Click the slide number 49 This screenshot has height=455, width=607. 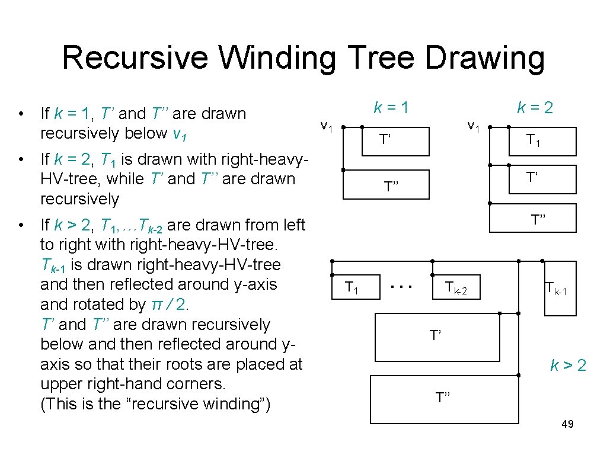click(567, 424)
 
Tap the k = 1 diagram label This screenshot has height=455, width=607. click(391, 108)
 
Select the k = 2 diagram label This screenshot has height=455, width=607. click(535, 108)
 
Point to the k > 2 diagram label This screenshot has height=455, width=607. click(568, 366)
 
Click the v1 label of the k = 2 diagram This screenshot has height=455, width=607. click(474, 126)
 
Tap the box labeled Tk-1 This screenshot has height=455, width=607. click(560, 288)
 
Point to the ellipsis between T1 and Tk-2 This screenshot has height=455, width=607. click(402, 287)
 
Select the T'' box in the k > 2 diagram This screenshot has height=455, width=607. click(443, 397)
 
